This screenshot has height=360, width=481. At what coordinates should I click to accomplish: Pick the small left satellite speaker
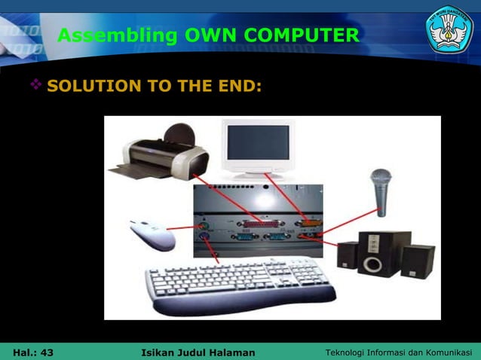point(347,255)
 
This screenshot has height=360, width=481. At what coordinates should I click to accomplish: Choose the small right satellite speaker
point(417,261)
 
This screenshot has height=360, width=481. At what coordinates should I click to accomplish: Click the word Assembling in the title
point(115,35)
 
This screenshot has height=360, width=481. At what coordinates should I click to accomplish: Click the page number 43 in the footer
point(46,352)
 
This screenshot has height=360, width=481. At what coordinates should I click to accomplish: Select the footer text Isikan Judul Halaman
point(198,352)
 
